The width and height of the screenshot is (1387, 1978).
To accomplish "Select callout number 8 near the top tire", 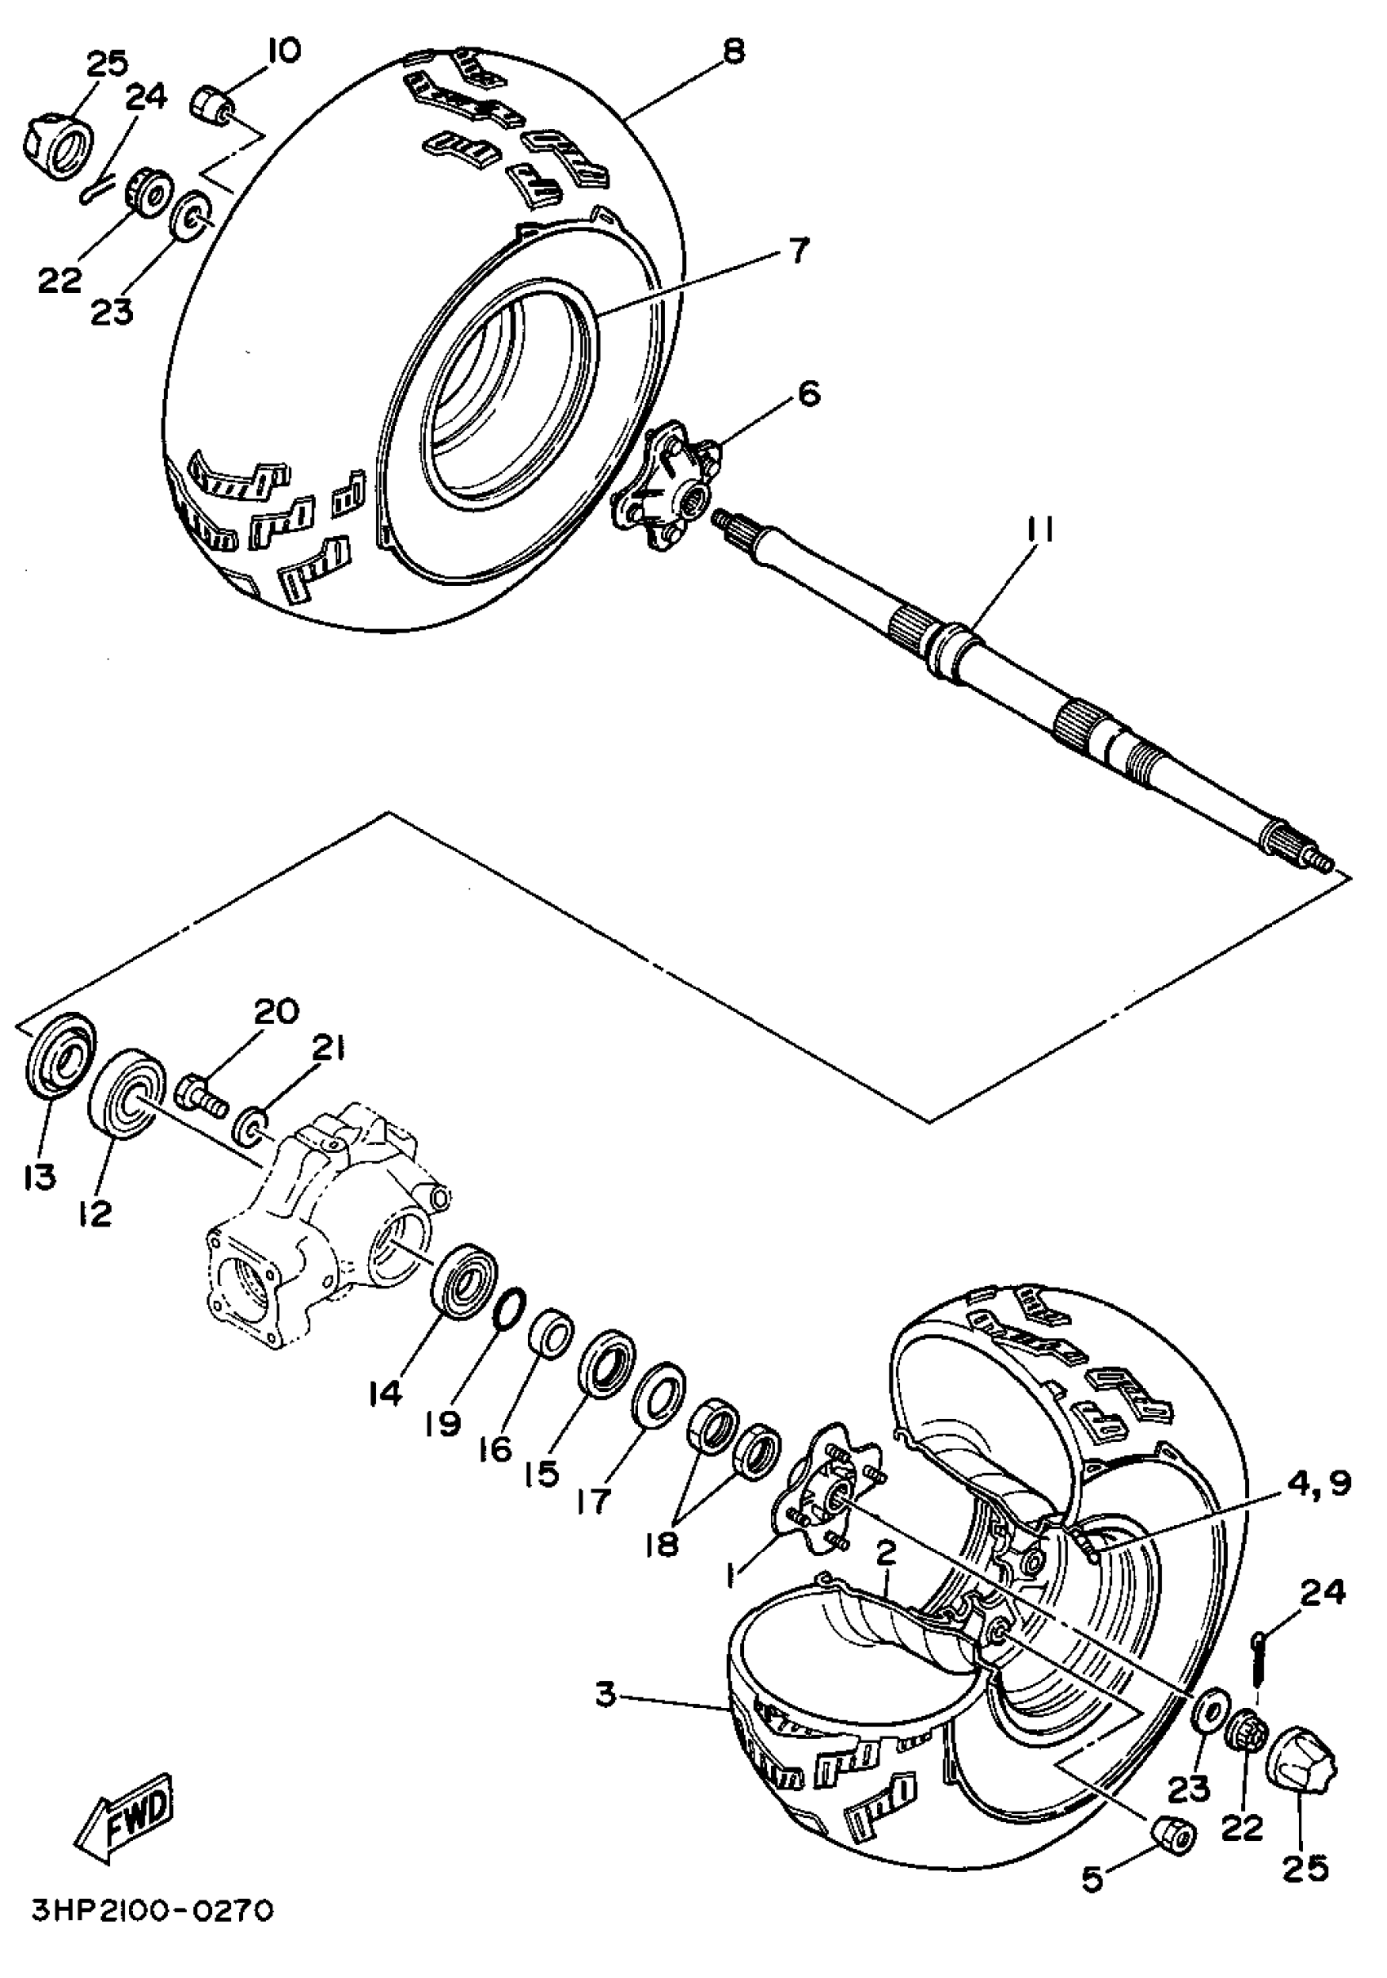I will [733, 51].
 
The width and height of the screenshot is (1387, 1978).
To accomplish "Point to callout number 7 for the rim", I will [798, 251].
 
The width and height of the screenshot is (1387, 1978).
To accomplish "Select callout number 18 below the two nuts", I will [662, 1544].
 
